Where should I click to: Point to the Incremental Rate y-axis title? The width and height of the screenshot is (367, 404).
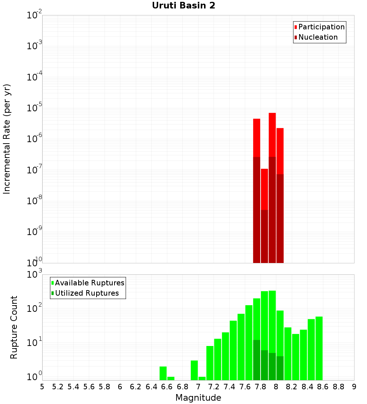(7, 139)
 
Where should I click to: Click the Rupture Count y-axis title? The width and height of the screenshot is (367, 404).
(14, 327)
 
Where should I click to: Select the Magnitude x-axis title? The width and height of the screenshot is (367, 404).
(198, 398)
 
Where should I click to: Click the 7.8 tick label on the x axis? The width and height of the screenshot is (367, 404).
(261, 386)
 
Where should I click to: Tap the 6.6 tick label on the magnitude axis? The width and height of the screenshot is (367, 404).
(167, 386)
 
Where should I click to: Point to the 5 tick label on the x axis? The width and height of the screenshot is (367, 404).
(42, 386)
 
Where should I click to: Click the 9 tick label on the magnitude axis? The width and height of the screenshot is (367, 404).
(354, 386)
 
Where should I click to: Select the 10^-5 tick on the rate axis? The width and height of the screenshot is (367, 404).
(34, 108)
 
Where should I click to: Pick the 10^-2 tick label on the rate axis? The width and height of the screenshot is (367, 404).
(34, 15)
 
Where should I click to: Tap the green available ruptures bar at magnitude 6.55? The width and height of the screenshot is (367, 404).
(163, 373)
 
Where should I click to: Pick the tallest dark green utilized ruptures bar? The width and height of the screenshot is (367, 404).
(257, 360)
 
